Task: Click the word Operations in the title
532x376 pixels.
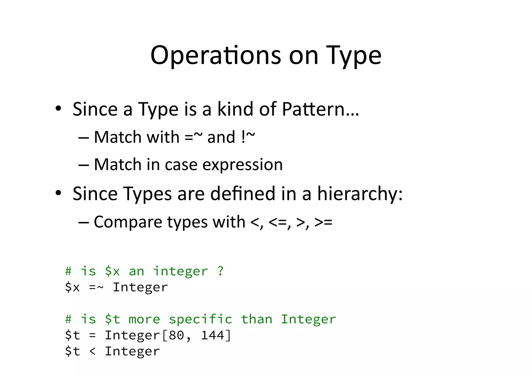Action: [216, 56]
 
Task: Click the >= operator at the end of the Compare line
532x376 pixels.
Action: [323, 222]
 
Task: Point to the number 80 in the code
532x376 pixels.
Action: [176, 335]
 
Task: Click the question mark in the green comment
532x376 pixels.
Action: [221, 271]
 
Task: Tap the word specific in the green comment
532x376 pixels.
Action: [201, 319]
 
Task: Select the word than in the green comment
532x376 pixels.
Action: [257, 319]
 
